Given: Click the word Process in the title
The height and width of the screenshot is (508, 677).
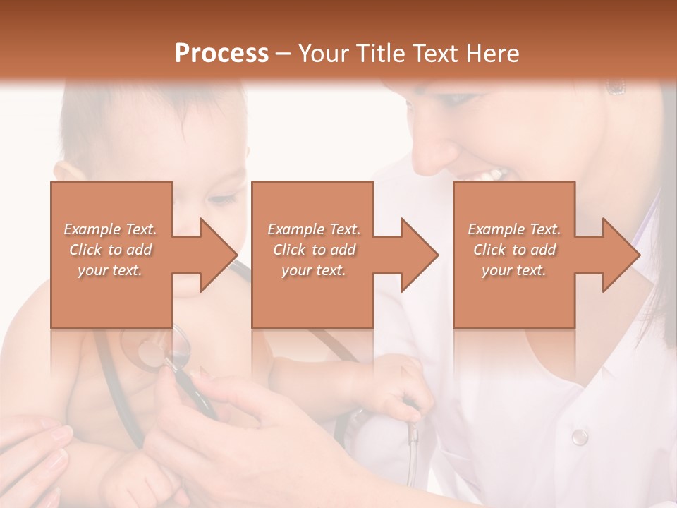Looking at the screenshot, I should [x=221, y=54].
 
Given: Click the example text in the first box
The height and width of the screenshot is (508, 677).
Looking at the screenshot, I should [x=111, y=250].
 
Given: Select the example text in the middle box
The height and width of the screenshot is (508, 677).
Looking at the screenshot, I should [x=313, y=250].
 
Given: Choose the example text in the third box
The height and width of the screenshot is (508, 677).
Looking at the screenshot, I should [x=514, y=250].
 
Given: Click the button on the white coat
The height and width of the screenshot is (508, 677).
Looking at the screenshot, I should [x=579, y=437].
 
